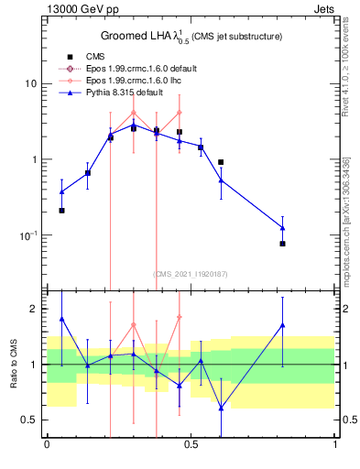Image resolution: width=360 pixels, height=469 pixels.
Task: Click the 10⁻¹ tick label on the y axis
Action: (27, 235)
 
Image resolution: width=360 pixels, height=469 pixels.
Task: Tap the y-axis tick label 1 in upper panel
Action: (33, 160)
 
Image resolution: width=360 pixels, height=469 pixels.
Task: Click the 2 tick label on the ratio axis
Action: (33, 309)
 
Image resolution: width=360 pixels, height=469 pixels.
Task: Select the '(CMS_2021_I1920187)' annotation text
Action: (191, 273)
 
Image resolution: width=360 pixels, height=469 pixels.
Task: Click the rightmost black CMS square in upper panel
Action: (283, 244)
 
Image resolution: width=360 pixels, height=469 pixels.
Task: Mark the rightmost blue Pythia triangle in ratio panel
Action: (283, 325)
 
